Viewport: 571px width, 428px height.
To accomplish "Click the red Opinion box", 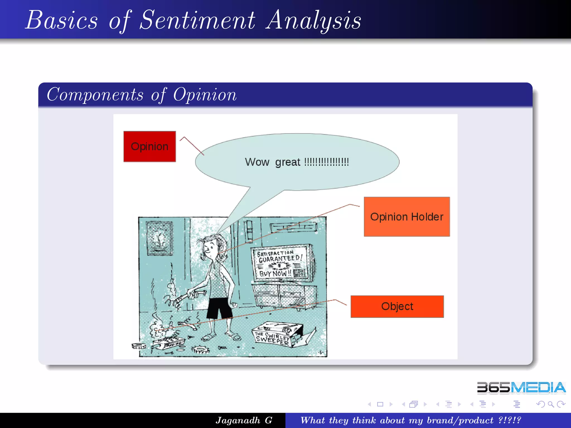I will (149, 147).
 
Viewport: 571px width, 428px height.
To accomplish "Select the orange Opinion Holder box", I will (407, 217).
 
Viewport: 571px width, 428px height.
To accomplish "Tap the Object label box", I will (397, 306).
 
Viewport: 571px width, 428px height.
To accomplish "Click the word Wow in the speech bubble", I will (257, 162).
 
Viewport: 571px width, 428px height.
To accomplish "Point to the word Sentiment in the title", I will (197, 20).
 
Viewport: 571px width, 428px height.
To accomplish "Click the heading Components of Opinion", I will (142, 95).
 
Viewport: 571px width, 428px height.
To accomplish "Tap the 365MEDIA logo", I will (521, 388).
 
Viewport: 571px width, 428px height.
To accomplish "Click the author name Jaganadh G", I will (244, 420).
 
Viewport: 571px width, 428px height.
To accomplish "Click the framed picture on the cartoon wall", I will (159, 238).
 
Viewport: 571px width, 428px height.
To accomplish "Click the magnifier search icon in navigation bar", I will (550, 404).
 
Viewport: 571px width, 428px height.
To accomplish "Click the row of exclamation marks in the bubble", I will (326, 162).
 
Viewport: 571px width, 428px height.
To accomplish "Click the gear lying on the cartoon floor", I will (200, 350).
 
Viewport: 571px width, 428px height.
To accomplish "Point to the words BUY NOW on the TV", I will (275, 273).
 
